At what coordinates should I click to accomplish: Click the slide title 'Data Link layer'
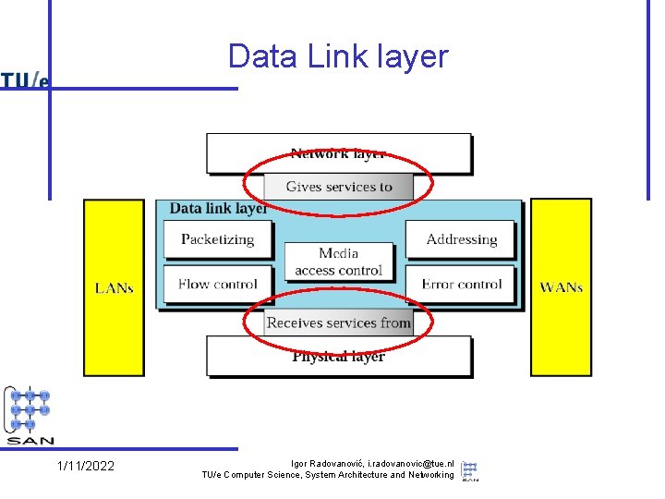337,56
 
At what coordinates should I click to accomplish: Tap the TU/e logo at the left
25,80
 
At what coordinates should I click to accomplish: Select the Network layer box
338,152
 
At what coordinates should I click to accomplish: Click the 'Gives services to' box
339,187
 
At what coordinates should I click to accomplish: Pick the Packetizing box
218,239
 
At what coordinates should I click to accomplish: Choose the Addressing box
462,239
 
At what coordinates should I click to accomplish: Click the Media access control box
338,262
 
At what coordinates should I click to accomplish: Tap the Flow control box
218,285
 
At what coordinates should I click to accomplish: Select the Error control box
462,285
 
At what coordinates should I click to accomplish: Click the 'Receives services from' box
338,323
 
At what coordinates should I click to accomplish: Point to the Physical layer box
338,356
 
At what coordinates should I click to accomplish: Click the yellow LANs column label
115,287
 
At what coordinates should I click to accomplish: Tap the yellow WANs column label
561,287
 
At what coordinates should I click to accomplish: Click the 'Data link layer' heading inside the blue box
218,209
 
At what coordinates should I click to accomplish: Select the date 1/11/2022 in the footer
86,466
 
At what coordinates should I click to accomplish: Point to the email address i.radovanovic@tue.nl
411,462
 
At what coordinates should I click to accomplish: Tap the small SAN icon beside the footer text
470,469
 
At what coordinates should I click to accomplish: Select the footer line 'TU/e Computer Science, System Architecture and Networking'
328,475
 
